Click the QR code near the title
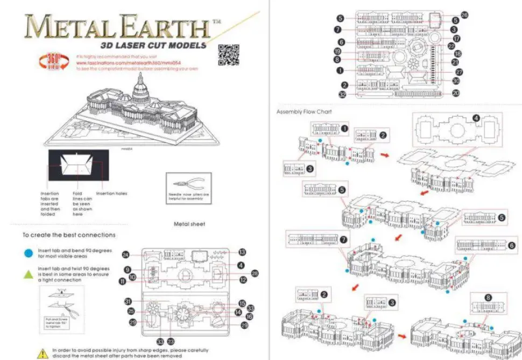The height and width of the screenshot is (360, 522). [x=228, y=55]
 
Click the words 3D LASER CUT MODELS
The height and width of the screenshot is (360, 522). [x=150, y=45]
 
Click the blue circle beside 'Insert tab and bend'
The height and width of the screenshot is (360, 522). [x=27, y=251]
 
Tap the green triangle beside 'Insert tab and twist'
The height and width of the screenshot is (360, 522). [x=27, y=274]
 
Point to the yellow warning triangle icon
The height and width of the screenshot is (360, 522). [x=43, y=354]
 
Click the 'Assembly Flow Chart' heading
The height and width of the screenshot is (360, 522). [x=304, y=112]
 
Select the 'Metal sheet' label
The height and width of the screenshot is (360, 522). [x=189, y=223]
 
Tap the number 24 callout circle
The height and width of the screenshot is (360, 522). [x=125, y=255]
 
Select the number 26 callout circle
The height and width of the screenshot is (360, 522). [x=464, y=15]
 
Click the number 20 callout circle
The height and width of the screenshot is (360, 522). [x=456, y=93]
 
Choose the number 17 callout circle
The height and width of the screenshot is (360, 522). [x=456, y=39]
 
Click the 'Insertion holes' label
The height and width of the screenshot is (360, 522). [x=111, y=194]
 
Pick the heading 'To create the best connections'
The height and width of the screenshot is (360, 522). [x=68, y=235]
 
